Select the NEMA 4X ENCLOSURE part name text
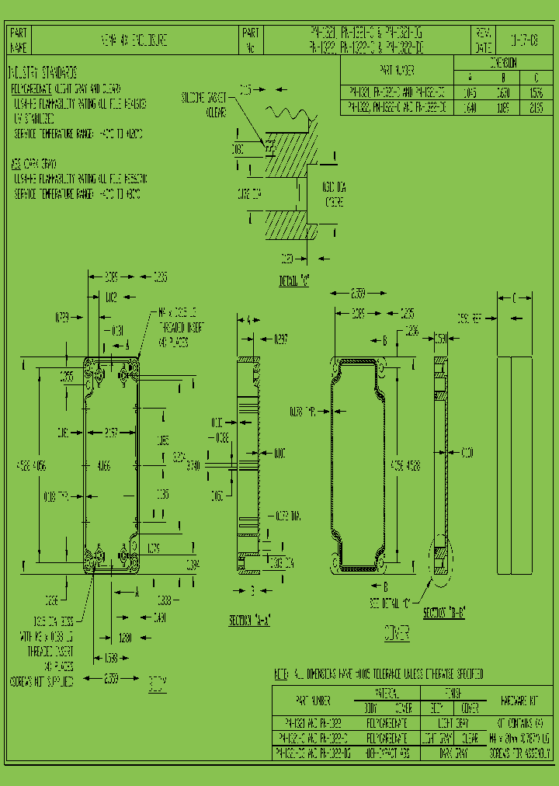click(134, 40)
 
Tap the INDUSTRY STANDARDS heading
click(43, 72)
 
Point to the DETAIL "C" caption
click(294, 281)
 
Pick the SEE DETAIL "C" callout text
click(394, 602)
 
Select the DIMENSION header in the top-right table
click(502, 63)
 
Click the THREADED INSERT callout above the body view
click(180, 327)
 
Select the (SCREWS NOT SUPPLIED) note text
click(42, 682)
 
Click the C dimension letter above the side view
click(513, 297)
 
